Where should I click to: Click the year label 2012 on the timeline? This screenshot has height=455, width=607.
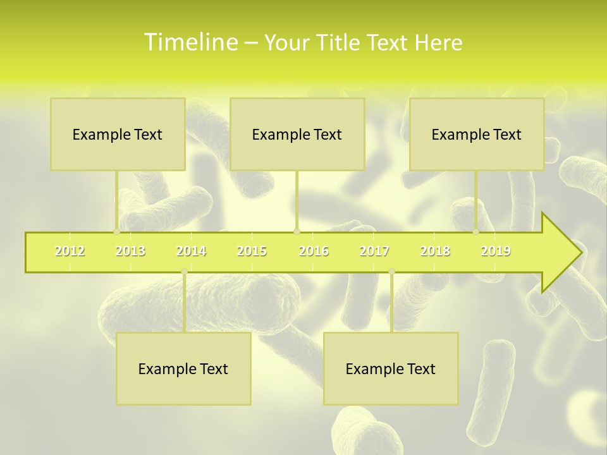pos(70,251)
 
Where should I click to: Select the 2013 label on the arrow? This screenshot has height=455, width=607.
pos(130,251)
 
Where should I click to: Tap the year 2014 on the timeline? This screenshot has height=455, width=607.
pos(191,251)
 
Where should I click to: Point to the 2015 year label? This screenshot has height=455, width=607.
pos(252,251)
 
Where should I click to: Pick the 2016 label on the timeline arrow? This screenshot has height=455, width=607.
pos(314,251)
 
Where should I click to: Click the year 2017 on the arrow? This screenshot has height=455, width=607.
pos(374,251)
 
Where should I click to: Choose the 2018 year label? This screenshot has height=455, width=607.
pos(435,251)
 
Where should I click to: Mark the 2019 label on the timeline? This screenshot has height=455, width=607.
pos(496,251)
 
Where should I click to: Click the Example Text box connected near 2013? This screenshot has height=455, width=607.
pos(118,134)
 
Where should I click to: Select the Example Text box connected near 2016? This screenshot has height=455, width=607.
pos(297,134)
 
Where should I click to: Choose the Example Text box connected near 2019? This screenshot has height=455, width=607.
pos(477,134)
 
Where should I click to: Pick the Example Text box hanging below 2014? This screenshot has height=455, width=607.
pos(183,368)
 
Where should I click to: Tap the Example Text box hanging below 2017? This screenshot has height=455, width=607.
pos(391,368)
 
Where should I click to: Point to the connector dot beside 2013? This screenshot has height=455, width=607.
pos(116,231)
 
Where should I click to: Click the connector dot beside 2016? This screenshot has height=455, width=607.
pos(297,231)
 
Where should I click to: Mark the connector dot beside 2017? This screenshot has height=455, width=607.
pos(391,272)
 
